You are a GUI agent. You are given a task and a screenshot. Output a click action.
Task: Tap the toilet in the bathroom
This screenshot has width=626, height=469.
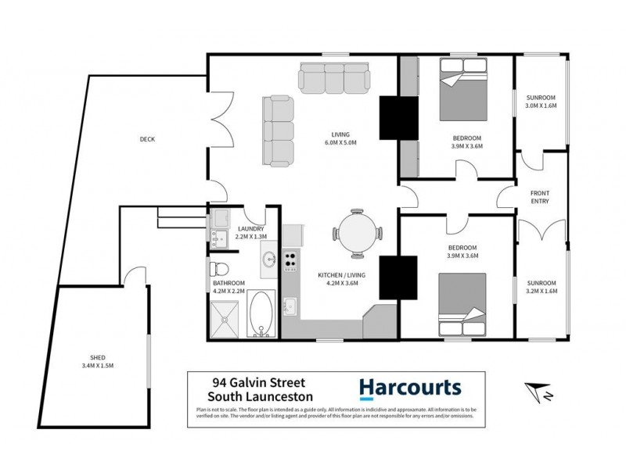[x=218, y=270]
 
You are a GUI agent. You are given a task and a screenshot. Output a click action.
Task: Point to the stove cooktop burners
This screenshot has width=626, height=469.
[x=290, y=260]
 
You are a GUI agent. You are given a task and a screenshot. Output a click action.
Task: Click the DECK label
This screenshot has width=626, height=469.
[x=147, y=139]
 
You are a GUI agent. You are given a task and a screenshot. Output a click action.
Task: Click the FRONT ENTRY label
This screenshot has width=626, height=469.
[x=540, y=196]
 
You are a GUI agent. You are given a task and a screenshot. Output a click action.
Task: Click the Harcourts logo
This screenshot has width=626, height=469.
[x=409, y=388]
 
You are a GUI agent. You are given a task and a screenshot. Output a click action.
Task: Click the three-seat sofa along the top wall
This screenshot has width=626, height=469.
[x=334, y=77]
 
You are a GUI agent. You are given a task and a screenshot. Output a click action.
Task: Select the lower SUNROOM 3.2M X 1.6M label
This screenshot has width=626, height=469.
[x=541, y=286]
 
